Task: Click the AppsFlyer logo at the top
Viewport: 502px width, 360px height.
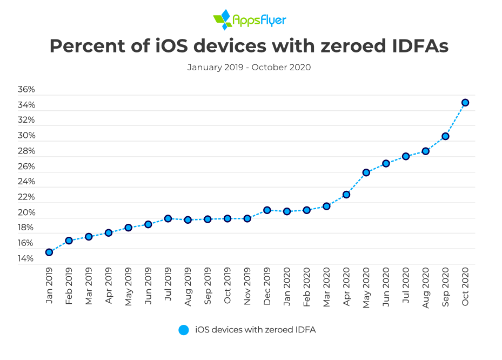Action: click(x=250, y=19)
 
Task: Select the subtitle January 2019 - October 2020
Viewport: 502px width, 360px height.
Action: click(x=249, y=68)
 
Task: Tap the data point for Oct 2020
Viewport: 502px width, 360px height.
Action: click(x=465, y=102)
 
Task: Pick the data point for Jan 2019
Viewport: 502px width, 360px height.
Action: click(x=49, y=252)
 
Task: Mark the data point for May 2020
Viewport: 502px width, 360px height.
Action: click(x=366, y=172)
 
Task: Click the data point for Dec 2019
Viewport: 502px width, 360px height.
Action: click(x=267, y=210)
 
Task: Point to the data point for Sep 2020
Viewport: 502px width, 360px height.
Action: click(x=445, y=136)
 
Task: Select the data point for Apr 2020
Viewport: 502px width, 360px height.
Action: click(x=346, y=194)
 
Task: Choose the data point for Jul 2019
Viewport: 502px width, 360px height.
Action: click(x=168, y=218)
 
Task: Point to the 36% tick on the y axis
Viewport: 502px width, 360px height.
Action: click(x=26, y=89)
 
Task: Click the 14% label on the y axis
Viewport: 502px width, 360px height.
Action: click(x=26, y=259)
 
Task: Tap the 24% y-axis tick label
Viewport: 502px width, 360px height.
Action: click(x=26, y=182)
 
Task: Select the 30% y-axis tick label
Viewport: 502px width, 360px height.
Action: click(x=26, y=136)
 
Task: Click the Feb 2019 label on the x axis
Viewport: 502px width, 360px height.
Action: click(x=69, y=286)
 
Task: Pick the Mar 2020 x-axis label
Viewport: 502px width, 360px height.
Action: click(x=326, y=286)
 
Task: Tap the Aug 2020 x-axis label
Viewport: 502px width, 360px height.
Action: click(x=425, y=286)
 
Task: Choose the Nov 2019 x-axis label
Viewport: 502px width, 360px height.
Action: click(x=247, y=286)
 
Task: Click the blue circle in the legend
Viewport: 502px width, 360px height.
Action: click(x=184, y=330)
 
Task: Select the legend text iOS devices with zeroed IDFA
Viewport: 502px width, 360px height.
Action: click(x=255, y=330)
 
